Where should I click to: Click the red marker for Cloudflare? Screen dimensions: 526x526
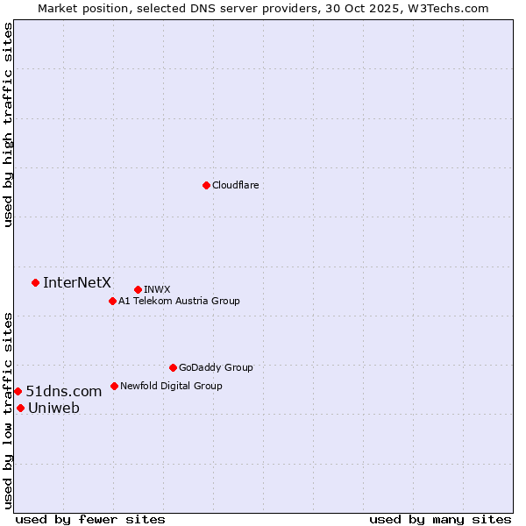click(x=206, y=185)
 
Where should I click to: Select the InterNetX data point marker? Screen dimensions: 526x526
click(x=35, y=282)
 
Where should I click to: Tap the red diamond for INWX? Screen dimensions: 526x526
click(x=138, y=289)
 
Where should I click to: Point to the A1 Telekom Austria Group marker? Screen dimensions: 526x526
click(x=112, y=301)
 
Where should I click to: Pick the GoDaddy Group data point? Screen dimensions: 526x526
click(x=173, y=367)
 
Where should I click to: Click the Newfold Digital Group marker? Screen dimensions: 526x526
click(x=114, y=386)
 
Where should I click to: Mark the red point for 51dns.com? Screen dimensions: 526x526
click(x=18, y=391)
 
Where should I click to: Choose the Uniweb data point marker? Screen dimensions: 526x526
click(x=20, y=408)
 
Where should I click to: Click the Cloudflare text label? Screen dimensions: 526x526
click(x=235, y=185)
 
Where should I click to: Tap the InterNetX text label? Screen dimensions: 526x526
click(x=77, y=282)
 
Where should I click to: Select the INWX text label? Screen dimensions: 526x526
click(x=157, y=289)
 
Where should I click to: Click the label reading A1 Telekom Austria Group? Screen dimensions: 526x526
click(x=179, y=301)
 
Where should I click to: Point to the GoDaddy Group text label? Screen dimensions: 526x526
click(x=216, y=367)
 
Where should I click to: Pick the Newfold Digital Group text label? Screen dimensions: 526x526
click(x=171, y=386)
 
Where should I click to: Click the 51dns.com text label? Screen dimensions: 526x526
click(x=64, y=391)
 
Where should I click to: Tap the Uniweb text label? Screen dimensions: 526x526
click(x=53, y=408)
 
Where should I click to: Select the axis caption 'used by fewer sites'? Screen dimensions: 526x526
click(x=90, y=519)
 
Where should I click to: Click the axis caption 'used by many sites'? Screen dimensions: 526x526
click(x=440, y=519)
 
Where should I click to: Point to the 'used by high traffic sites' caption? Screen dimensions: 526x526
click(x=8, y=125)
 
